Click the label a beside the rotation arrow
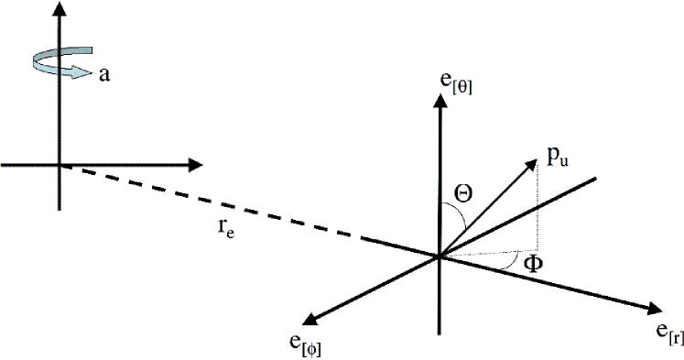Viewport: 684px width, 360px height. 105,75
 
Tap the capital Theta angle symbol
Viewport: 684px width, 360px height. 463,195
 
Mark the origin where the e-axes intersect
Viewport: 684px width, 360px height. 440,256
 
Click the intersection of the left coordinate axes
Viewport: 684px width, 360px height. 60,166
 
